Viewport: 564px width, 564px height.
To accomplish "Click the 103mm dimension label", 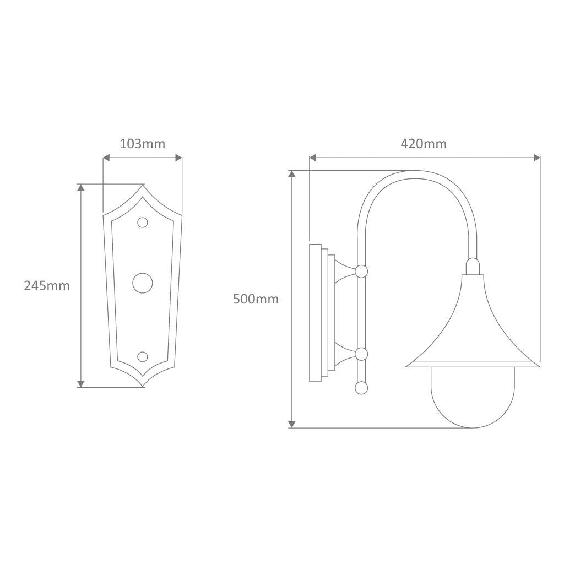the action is [143, 144].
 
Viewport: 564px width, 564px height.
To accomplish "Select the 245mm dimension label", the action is [47, 286].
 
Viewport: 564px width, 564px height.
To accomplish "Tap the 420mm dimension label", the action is [424, 144].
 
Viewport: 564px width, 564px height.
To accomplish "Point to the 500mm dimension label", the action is [256, 299].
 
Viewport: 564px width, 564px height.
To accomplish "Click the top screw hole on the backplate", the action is [143, 223].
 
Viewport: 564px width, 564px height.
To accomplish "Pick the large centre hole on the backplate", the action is [143, 283].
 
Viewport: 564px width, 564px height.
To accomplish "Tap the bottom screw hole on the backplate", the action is [143, 356].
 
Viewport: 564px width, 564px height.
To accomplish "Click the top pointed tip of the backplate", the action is [143, 185].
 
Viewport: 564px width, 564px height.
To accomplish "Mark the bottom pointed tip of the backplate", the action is [143, 387].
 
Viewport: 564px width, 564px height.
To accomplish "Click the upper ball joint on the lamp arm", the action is [361, 271].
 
